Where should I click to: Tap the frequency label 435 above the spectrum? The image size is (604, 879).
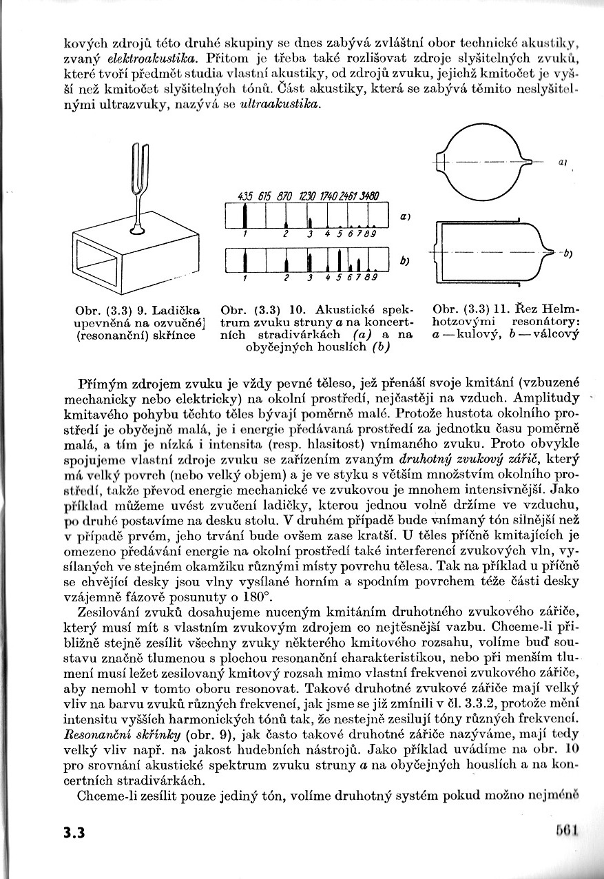click(x=244, y=196)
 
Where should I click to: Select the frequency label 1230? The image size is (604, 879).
click(x=306, y=196)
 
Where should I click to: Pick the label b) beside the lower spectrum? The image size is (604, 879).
click(x=405, y=260)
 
